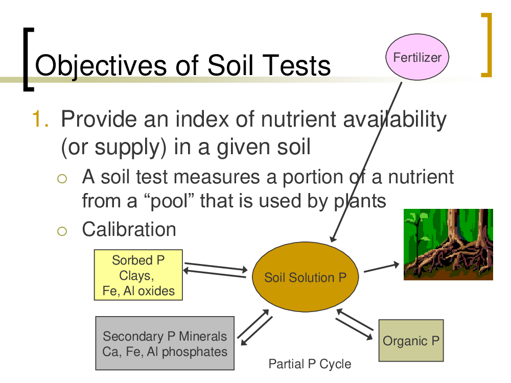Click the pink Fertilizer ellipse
pos(417,57)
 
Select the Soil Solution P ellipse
pos(306,277)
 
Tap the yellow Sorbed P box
pos(138,275)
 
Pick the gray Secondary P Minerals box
pos(165,343)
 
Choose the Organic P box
pos(411,341)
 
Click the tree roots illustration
pos(448,245)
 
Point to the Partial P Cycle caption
pos(310,364)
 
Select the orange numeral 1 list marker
pos(40,119)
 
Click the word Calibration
pos(129,229)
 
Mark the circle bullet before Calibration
pos(62,231)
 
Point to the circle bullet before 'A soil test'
pos(62,178)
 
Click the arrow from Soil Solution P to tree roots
pos(381,268)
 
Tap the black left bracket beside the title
pos(29,59)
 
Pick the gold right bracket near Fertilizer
pos(486,45)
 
